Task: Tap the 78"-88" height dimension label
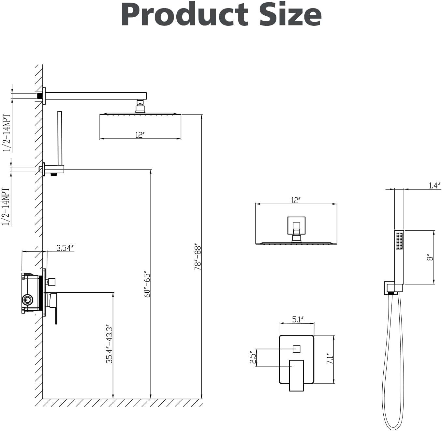198,257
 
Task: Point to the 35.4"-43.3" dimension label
109,346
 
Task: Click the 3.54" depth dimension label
65,248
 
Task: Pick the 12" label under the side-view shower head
140,135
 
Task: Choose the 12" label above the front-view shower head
296,200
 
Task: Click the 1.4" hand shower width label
434,186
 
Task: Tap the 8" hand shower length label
430,258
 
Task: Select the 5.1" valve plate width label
298,319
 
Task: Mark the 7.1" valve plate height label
330,359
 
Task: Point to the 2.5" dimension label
252,358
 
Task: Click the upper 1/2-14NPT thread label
7,133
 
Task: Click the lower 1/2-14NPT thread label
6,207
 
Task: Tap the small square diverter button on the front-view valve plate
296,349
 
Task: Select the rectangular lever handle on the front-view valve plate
296,375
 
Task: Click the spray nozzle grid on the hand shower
399,241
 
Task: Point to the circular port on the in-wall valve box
27,299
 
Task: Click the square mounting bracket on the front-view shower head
296,225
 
